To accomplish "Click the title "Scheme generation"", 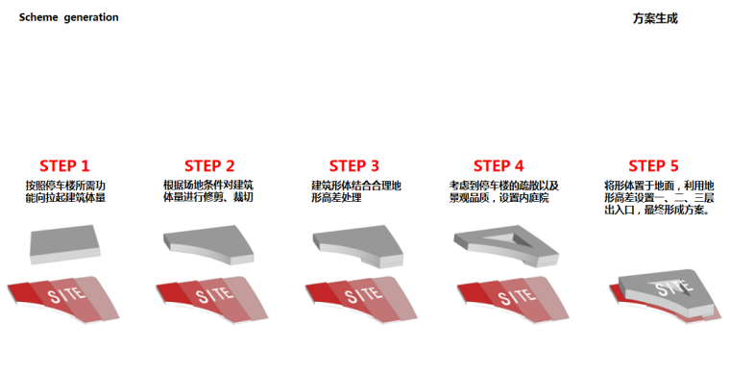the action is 68,17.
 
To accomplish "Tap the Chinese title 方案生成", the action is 655,18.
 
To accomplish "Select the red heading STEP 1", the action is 64,165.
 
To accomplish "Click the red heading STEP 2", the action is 209,165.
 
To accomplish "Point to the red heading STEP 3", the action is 354,165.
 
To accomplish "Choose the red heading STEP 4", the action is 499,165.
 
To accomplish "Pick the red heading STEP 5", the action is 654,165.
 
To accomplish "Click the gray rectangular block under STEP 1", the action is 64,244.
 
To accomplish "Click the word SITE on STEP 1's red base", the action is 67,295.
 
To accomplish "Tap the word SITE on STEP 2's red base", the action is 214,295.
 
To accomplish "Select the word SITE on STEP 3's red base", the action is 364,295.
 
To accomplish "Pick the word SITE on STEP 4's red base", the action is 517,296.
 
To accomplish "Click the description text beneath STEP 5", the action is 659,198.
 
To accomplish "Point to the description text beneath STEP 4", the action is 503,192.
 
